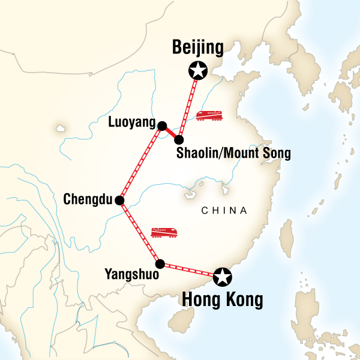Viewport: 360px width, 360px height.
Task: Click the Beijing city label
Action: (197, 47)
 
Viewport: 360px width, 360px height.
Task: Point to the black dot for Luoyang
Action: (161, 125)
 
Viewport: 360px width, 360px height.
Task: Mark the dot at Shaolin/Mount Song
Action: (179, 140)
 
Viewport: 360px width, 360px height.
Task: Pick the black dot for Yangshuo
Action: (160, 263)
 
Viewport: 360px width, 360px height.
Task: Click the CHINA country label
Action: (224, 211)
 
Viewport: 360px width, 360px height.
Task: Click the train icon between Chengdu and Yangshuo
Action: (164, 233)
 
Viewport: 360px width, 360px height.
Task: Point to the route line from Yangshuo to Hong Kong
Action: (191, 270)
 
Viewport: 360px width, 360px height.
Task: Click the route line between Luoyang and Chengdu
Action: (140, 163)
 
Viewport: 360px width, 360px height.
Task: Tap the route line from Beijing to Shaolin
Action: (188, 105)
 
